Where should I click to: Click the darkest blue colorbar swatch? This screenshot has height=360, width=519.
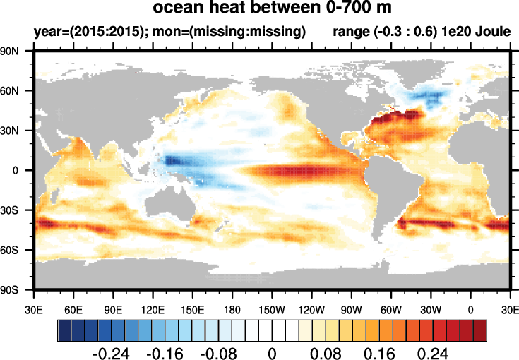(64, 330)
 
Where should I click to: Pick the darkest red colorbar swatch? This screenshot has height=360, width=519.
(480, 330)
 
